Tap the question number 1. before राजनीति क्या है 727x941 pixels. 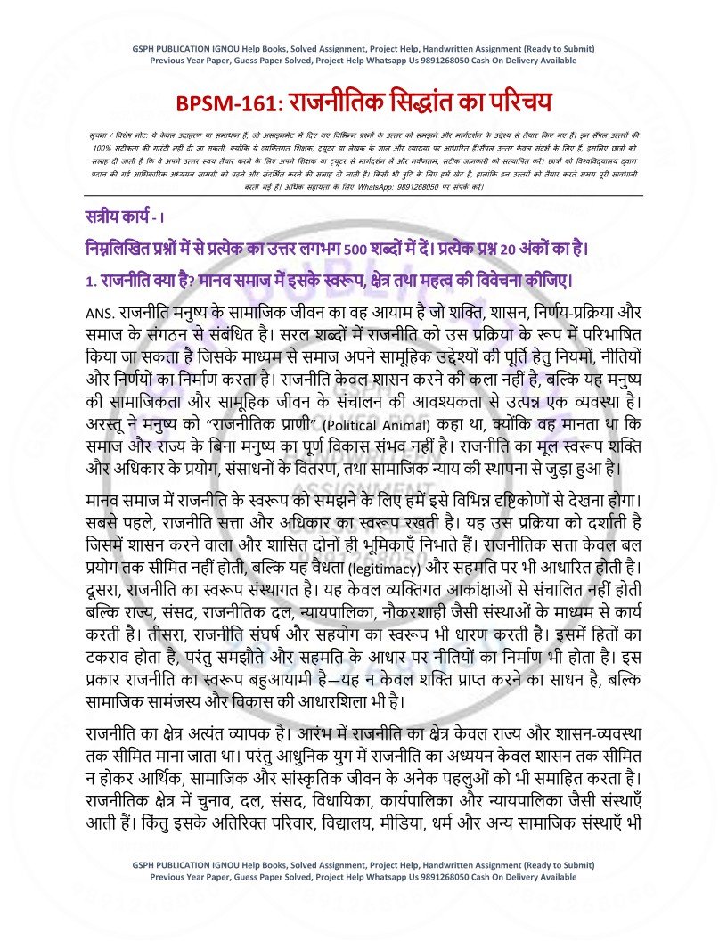(x=91, y=282)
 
